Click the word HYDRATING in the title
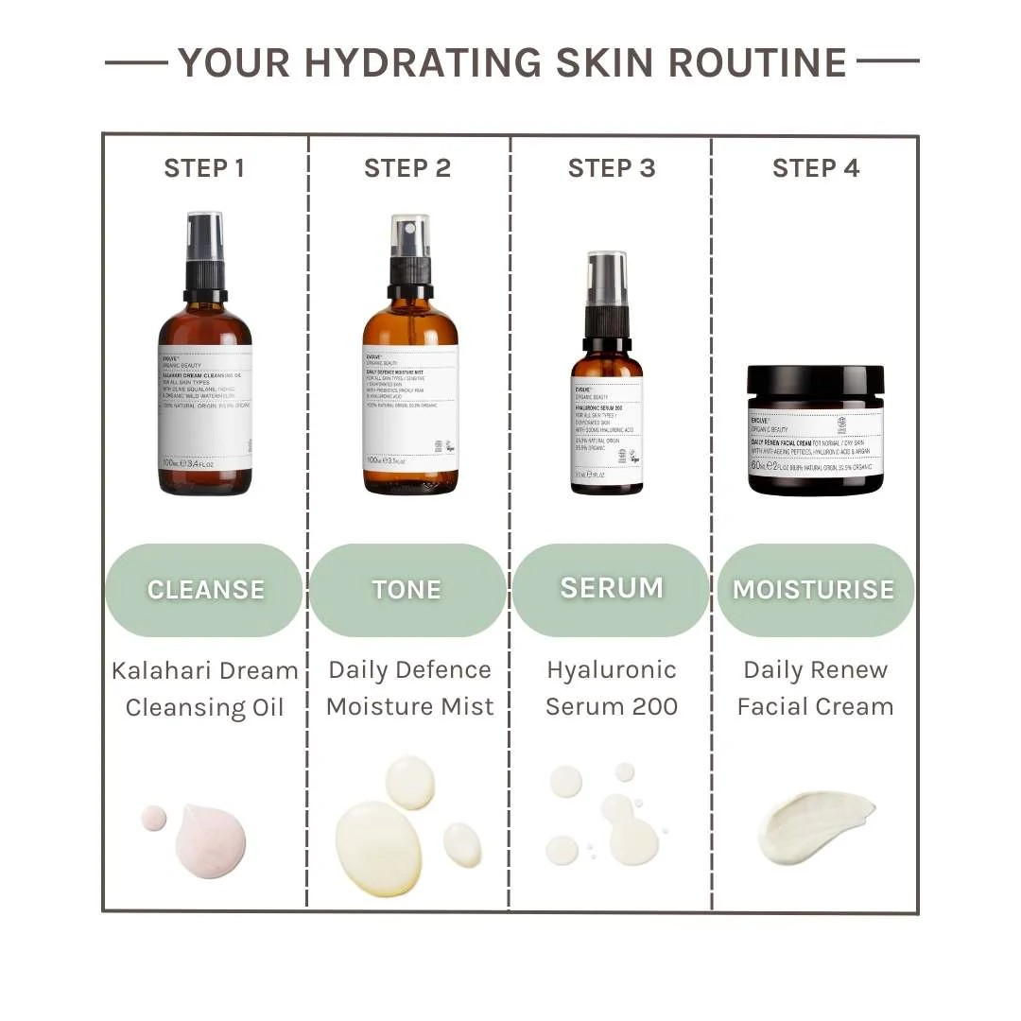(423, 62)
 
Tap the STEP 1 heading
(204, 168)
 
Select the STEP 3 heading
(612, 168)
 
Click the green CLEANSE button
(205, 590)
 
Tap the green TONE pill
(407, 590)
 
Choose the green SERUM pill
(612, 588)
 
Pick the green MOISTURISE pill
(814, 590)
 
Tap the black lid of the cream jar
(815, 383)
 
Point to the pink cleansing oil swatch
(210, 839)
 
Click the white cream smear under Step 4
(815, 826)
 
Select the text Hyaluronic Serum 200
(612, 688)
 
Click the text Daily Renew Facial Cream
(815, 688)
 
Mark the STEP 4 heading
(816, 168)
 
